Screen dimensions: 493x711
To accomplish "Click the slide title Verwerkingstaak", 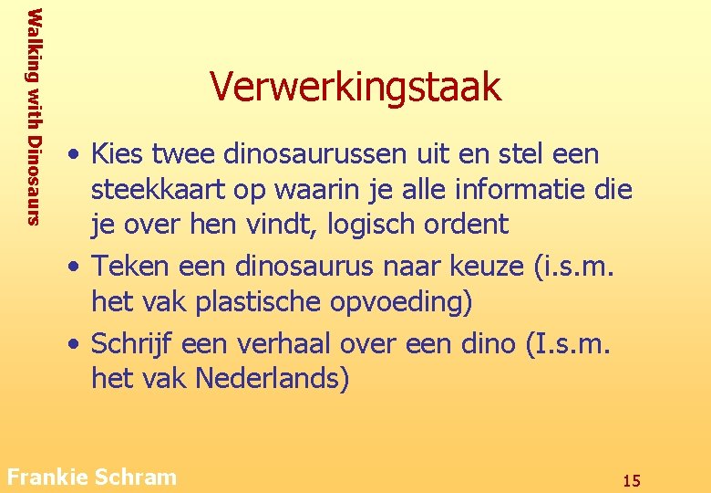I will coord(355,87).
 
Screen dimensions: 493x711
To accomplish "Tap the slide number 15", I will coord(631,480).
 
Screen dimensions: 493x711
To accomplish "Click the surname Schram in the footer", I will coord(134,477).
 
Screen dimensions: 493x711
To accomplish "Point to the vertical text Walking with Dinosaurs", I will coord(34,116).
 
